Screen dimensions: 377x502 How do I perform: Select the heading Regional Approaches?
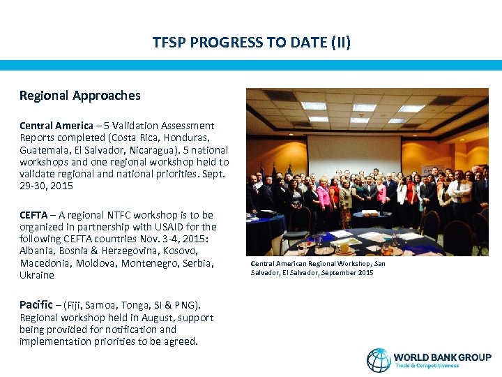[x=79, y=96]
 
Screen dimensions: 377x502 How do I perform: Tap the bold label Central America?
[x=56, y=126]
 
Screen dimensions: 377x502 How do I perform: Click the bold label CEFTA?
[x=34, y=215]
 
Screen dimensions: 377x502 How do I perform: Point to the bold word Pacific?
[x=36, y=304]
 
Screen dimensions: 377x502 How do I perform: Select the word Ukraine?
[x=36, y=275]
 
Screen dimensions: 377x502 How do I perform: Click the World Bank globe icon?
[x=379, y=360]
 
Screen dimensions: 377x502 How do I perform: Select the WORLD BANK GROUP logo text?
[x=442, y=357]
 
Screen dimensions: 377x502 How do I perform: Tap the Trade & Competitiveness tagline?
[x=427, y=366]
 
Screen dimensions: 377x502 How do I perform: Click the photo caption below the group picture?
[x=317, y=268]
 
